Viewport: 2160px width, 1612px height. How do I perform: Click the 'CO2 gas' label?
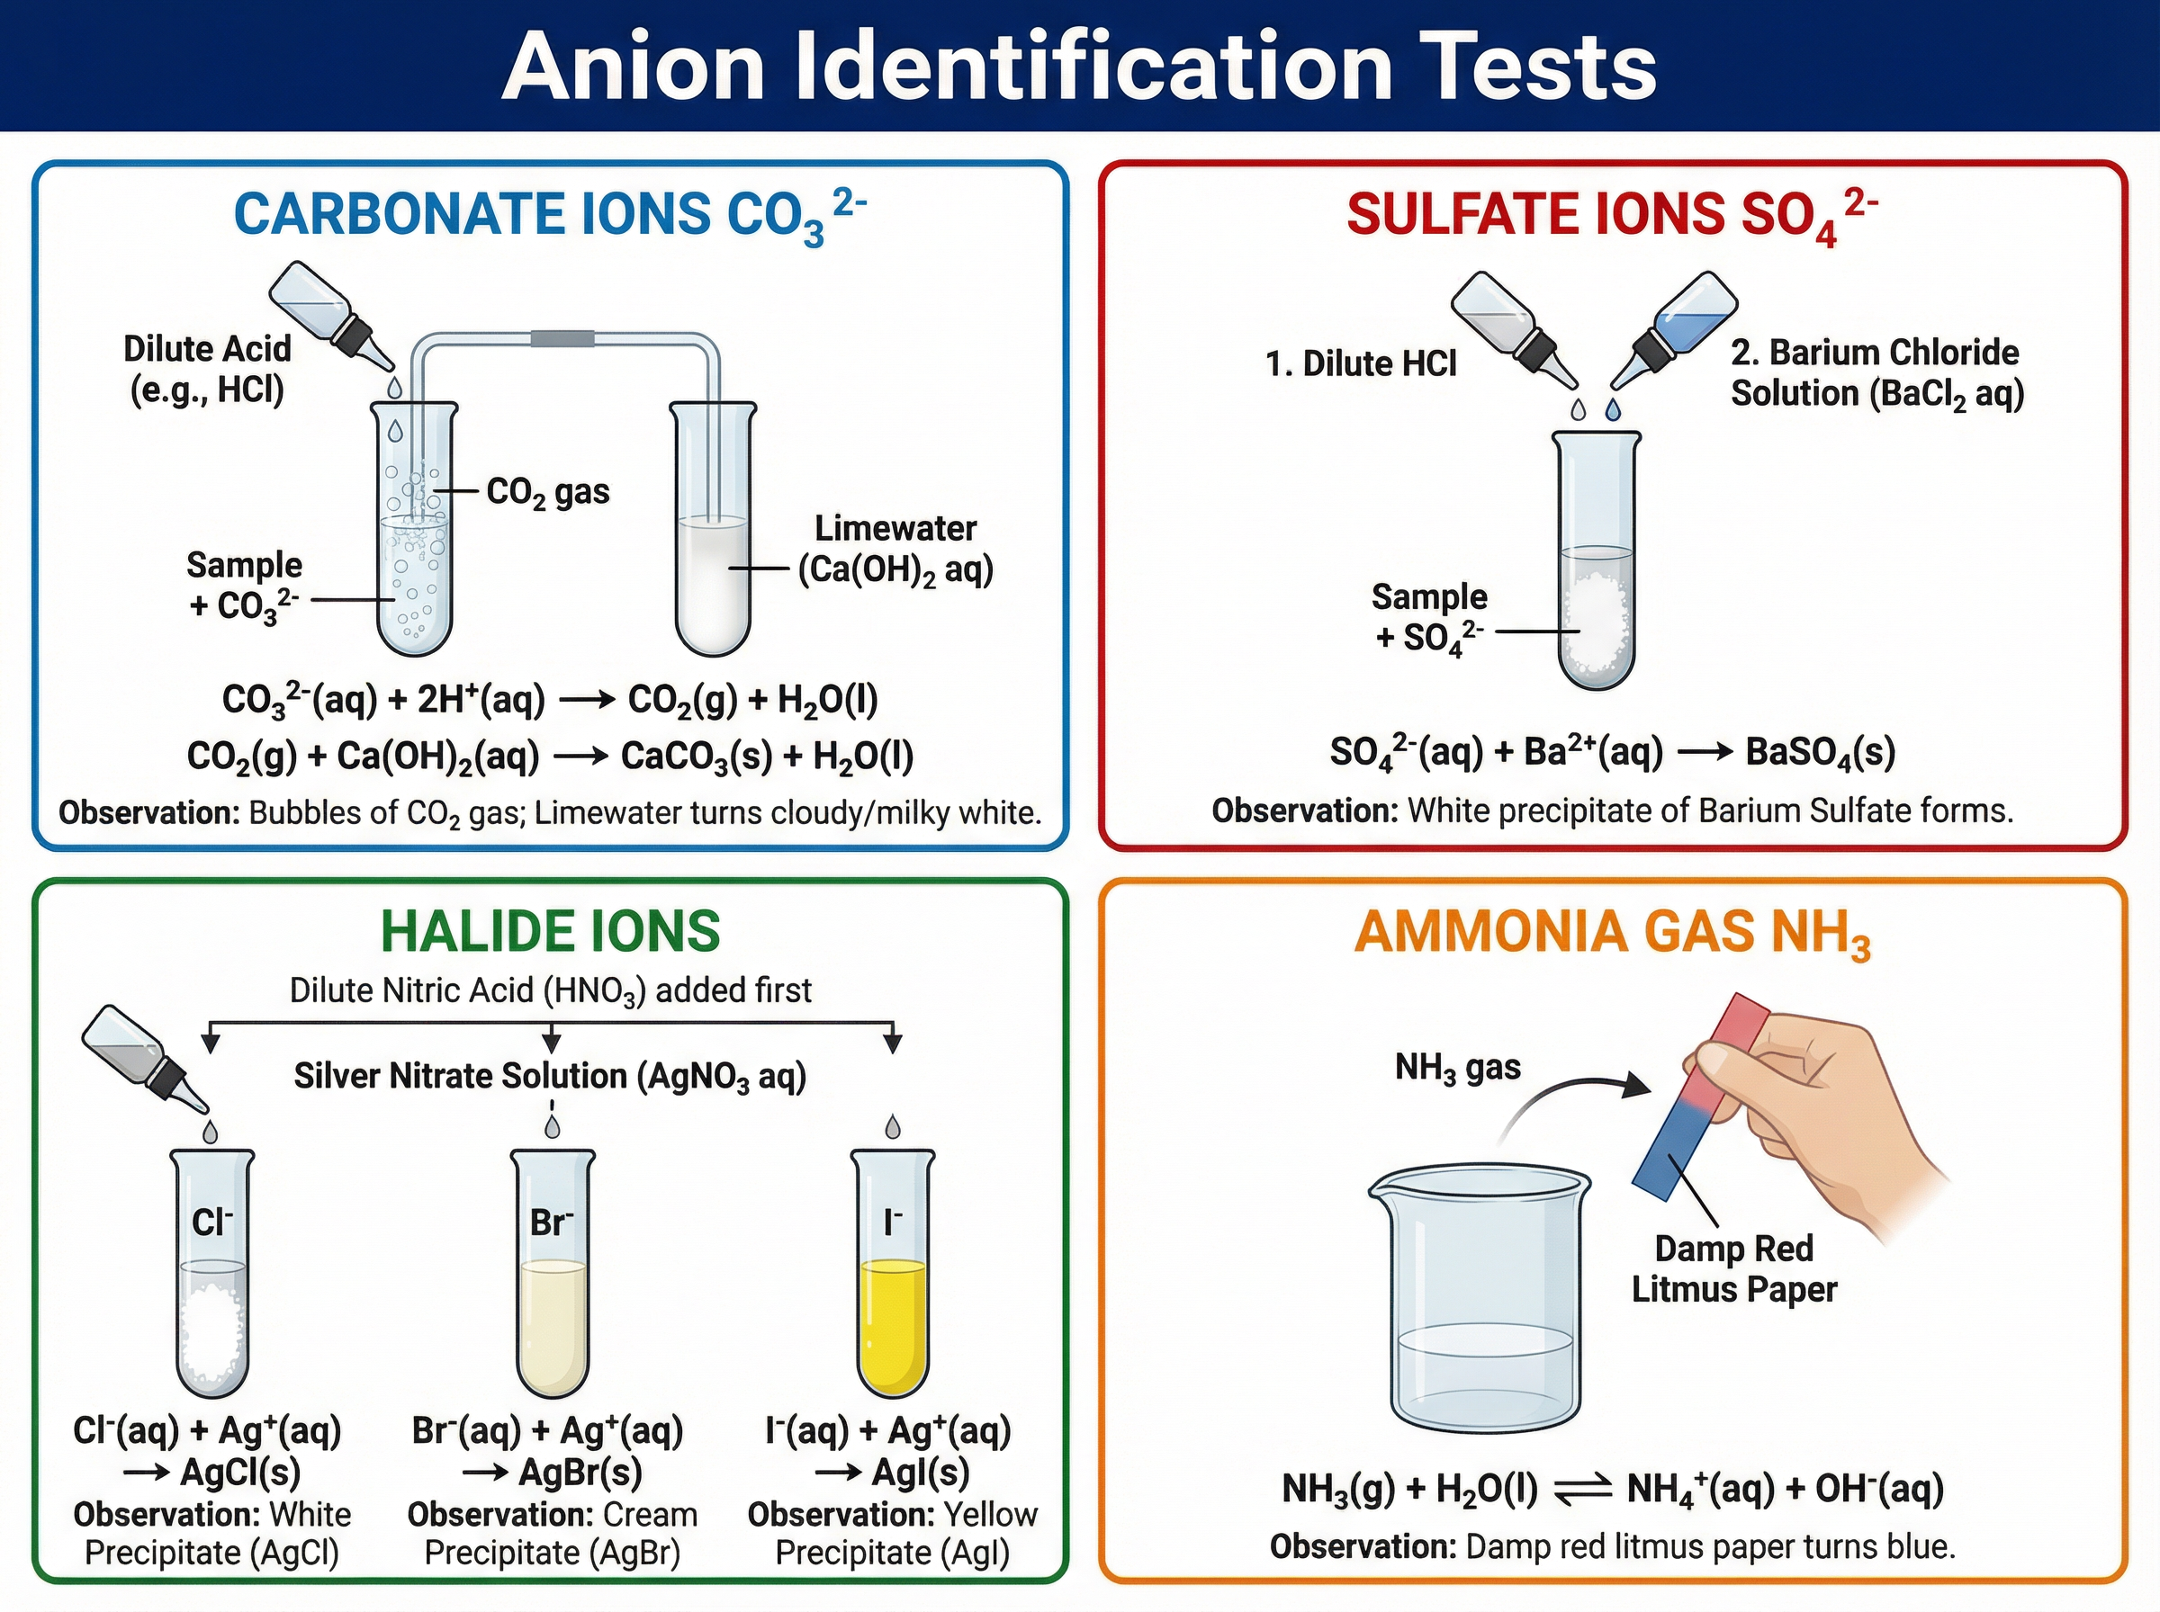click(x=547, y=493)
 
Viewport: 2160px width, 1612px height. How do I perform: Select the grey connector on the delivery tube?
click(x=562, y=338)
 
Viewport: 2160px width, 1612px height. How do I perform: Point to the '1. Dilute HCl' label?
click(x=1360, y=364)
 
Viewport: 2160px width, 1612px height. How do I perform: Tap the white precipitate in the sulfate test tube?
click(x=1597, y=624)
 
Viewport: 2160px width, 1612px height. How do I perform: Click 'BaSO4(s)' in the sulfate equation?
click(x=1820, y=752)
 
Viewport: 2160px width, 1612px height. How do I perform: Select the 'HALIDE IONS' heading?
click(x=550, y=932)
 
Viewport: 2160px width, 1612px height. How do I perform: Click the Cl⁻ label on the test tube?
click(x=211, y=1222)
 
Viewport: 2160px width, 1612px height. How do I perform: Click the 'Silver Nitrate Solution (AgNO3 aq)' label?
click(x=550, y=1076)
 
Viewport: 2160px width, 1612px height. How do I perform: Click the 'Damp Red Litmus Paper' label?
click(x=1733, y=1268)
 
